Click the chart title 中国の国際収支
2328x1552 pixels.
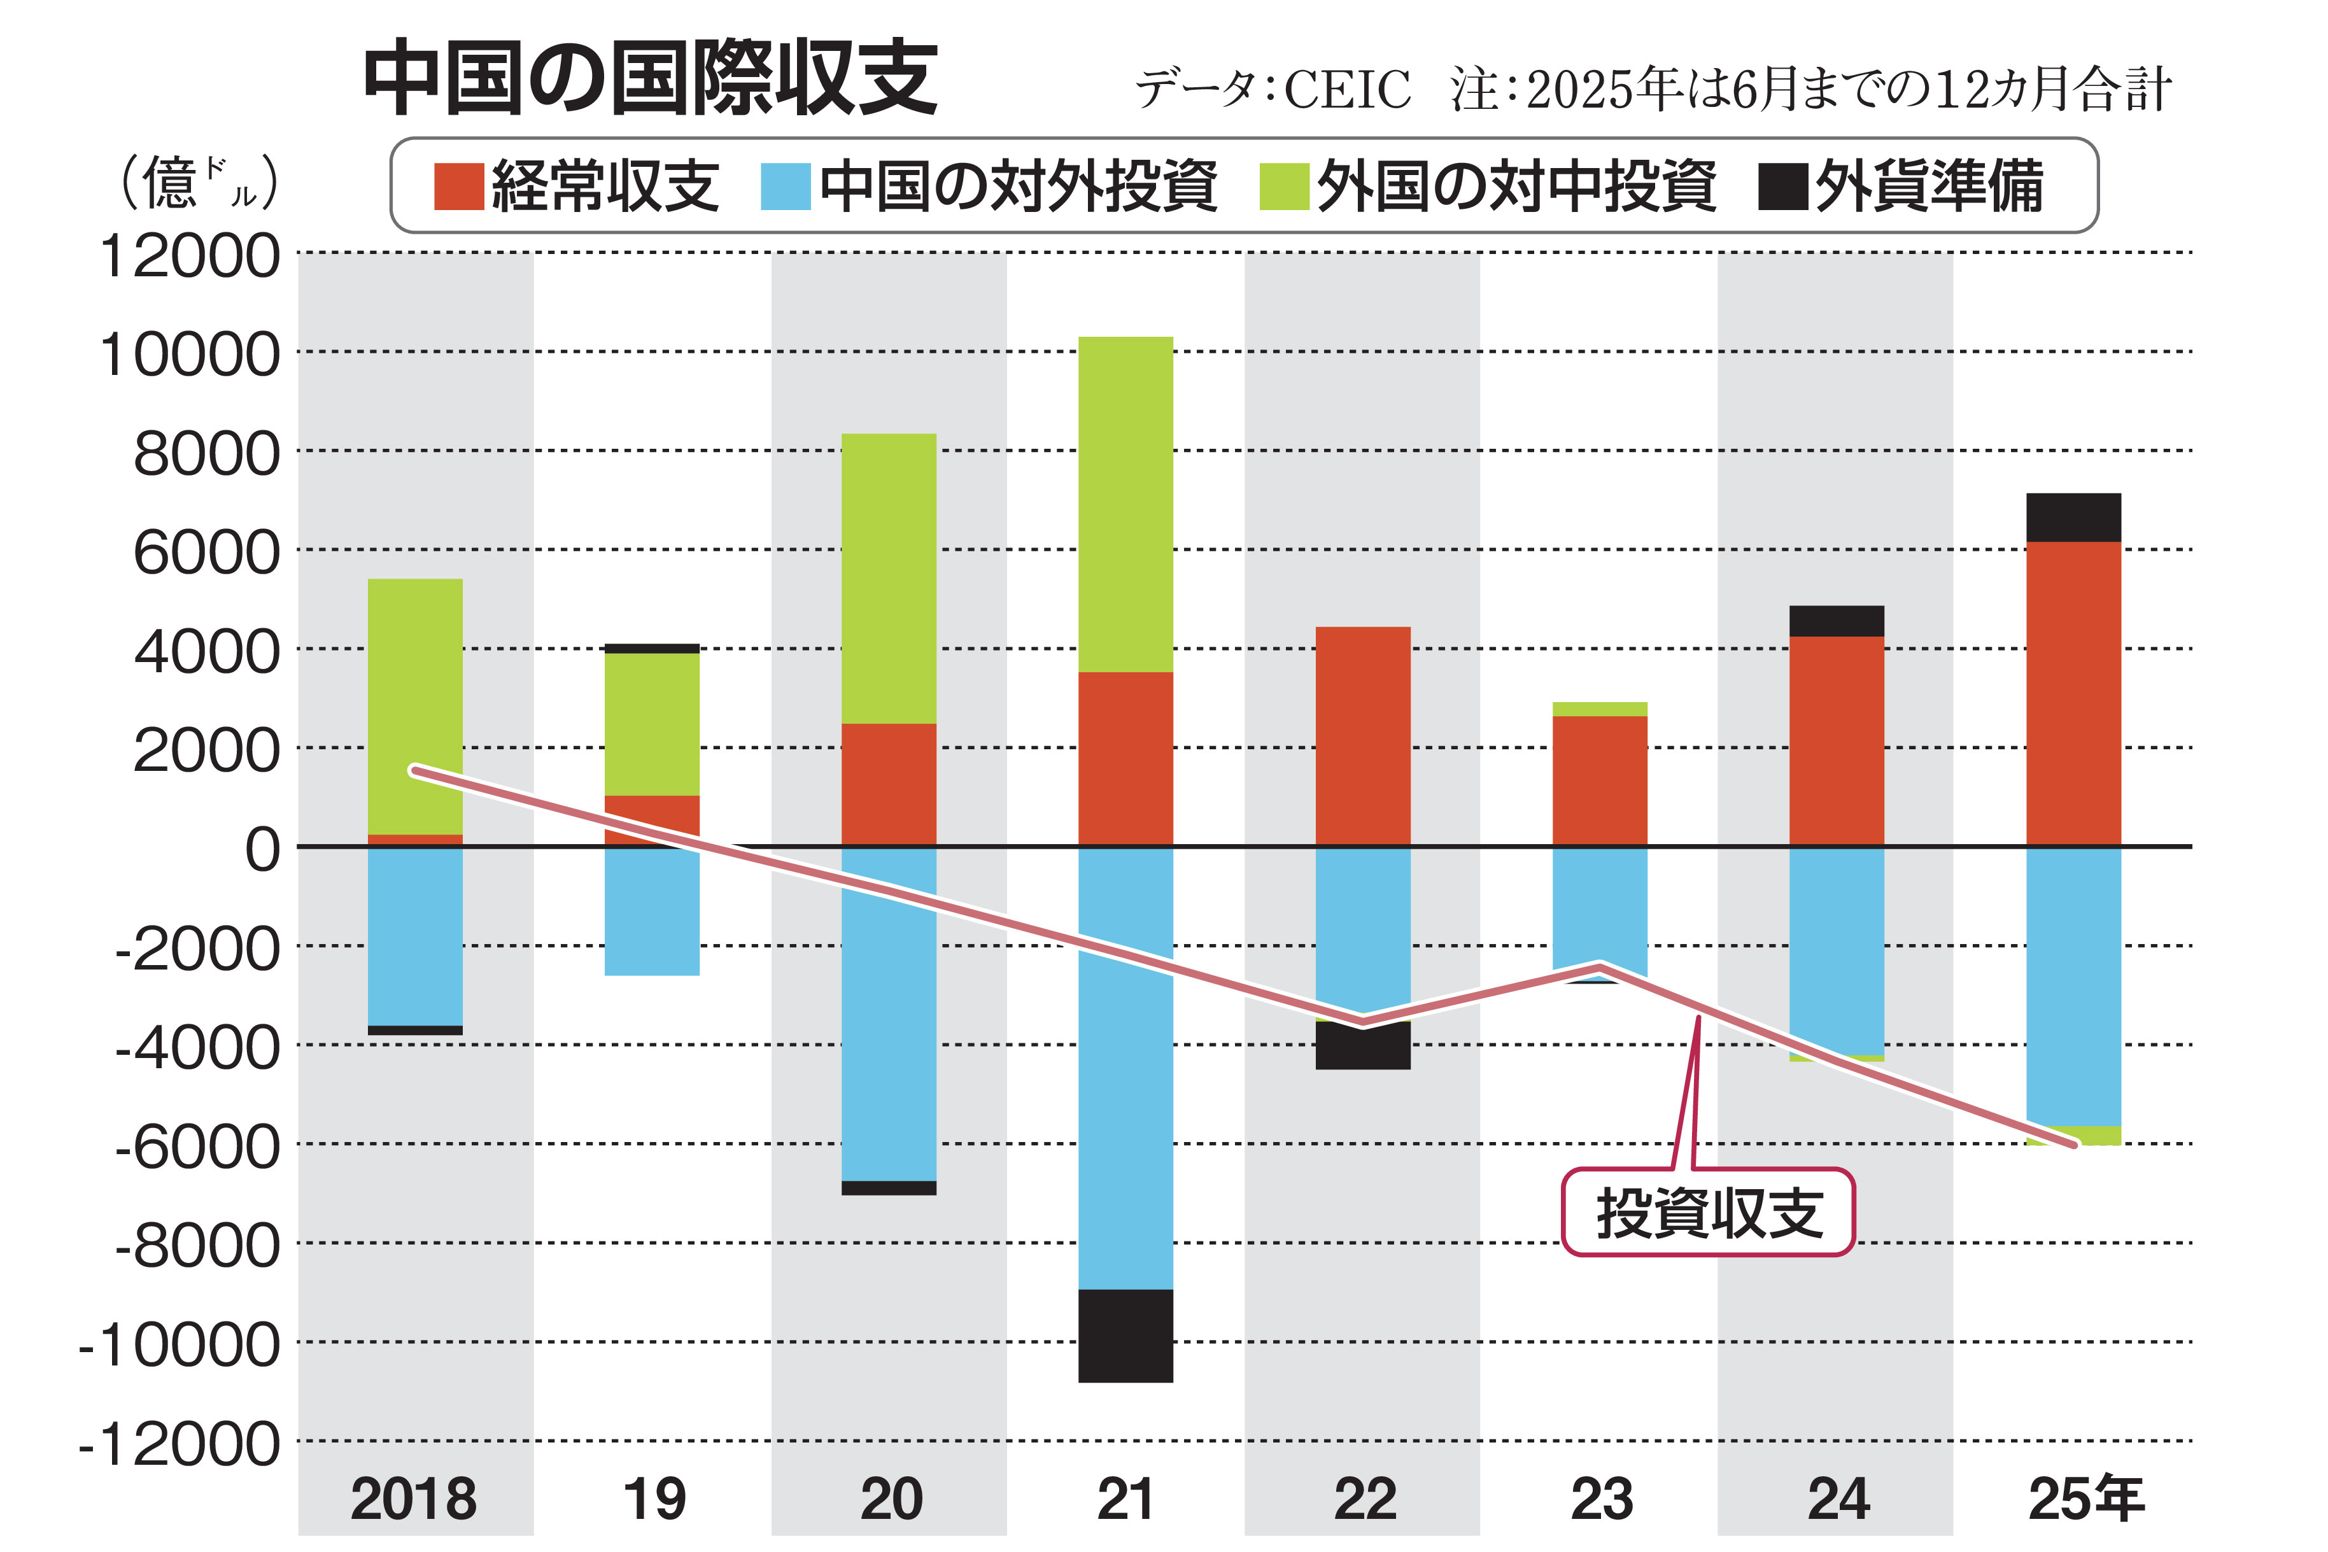tap(651, 78)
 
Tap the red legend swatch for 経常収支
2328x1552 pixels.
tap(458, 186)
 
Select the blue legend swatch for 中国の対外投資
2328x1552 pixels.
tap(785, 186)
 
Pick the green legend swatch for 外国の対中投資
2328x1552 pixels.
tap(1284, 186)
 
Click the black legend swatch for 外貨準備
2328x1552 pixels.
tap(1782, 186)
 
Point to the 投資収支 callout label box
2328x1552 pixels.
tap(1707, 1213)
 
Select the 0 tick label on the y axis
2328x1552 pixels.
tap(262, 849)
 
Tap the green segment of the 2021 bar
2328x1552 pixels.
tap(1125, 505)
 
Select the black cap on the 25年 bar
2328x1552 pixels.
tap(2073, 517)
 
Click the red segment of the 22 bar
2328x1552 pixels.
tap(1363, 737)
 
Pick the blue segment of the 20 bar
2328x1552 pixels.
tap(889, 1029)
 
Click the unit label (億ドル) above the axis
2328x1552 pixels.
tap(198, 183)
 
